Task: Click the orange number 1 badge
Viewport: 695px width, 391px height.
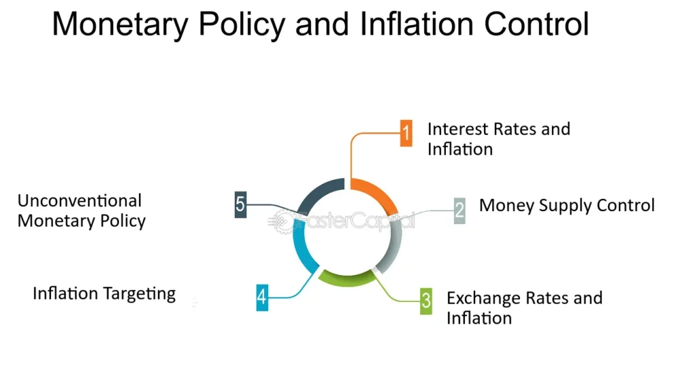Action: pyautogui.click(x=406, y=133)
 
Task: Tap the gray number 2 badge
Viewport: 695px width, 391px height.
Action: pyautogui.click(x=459, y=211)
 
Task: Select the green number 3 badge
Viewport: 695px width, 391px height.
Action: pyautogui.click(x=426, y=301)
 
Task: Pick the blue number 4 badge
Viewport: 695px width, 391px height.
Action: pyautogui.click(x=262, y=297)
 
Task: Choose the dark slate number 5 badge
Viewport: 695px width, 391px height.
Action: pyautogui.click(x=240, y=204)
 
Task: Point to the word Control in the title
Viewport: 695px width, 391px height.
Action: pyautogui.click(x=536, y=24)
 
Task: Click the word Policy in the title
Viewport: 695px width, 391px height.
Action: pyautogui.click(x=242, y=25)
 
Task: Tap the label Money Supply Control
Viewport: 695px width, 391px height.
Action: pyautogui.click(x=567, y=206)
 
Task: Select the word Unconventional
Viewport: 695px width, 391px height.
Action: pyautogui.click(x=79, y=201)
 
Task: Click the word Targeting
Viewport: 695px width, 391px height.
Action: pyautogui.click(x=140, y=294)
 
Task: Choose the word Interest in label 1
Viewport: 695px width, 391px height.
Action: pyautogui.click(x=458, y=129)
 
